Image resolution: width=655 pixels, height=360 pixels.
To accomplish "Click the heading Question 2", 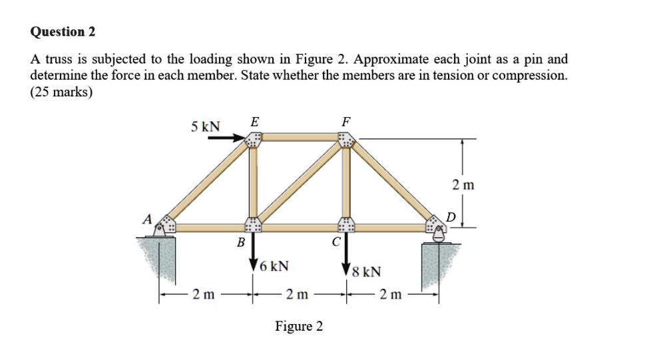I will pos(63,31).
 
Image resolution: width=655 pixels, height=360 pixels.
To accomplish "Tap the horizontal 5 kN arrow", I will pos(226,138).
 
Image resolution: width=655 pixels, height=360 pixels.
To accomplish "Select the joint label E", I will pos(256,121).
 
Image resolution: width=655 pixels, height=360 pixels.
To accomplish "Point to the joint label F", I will pos(345,121).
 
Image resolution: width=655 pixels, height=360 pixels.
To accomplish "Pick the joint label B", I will pos(241,243).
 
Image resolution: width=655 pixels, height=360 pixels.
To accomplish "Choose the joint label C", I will pos(337,243).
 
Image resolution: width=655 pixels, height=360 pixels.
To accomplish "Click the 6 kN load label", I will pos(274,266).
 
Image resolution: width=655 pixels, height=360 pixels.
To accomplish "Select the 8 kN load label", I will pos(367,271).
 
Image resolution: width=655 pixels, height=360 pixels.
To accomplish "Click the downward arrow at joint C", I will pos(345,256).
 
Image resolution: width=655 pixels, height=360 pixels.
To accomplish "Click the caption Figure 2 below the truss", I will pos(299,326).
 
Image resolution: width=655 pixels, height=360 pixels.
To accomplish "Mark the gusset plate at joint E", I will pos(253,139).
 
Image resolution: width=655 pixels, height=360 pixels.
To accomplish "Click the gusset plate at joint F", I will pos(345,139).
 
